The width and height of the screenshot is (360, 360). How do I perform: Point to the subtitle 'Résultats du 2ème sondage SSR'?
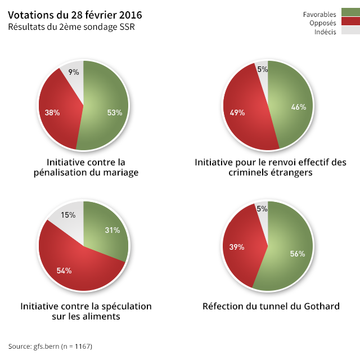click(71, 26)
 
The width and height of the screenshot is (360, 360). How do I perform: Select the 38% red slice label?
click(52, 112)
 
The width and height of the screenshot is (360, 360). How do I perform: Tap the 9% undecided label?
click(74, 72)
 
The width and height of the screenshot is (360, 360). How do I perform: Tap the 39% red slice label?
click(236, 247)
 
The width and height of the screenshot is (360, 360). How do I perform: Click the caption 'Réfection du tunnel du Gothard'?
click(271, 307)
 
